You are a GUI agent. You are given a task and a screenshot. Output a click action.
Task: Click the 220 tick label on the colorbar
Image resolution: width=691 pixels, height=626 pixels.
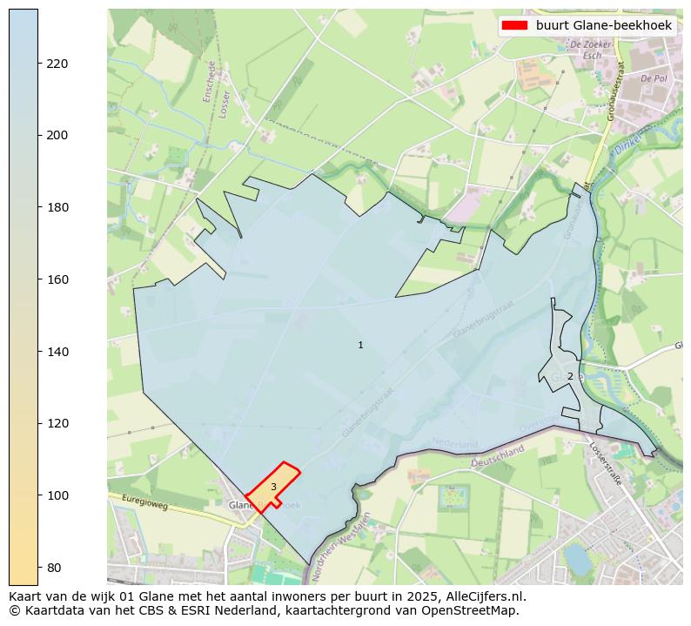point(57,64)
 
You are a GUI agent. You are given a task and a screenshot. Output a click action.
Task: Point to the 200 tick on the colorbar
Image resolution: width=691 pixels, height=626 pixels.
point(57,136)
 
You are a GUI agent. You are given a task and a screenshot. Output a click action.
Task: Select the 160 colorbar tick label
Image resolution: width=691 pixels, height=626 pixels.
point(57,279)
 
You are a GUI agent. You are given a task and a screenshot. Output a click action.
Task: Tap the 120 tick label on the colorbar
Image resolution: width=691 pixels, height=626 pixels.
point(57,423)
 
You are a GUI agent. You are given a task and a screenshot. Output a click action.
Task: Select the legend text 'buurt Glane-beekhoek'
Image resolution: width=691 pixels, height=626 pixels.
point(603,26)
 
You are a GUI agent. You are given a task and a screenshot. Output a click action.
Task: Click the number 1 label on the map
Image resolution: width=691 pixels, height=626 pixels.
point(360,346)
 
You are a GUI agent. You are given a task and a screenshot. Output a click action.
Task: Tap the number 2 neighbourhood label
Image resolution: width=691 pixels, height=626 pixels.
point(570,376)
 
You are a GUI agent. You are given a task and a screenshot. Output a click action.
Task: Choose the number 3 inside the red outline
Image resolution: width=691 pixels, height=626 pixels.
point(273,488)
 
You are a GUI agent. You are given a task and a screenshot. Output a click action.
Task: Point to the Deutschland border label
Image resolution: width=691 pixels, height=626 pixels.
point(498,457)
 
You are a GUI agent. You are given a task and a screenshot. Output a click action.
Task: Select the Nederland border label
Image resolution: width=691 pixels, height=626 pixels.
point(455,444)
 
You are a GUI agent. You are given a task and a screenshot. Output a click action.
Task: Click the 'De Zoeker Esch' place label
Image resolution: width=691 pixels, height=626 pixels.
point(586,49)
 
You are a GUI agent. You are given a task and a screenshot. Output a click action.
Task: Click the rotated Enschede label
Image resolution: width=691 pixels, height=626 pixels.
point(210,82)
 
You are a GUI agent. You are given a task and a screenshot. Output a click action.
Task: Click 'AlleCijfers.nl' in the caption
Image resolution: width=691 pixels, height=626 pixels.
point(486,597)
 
